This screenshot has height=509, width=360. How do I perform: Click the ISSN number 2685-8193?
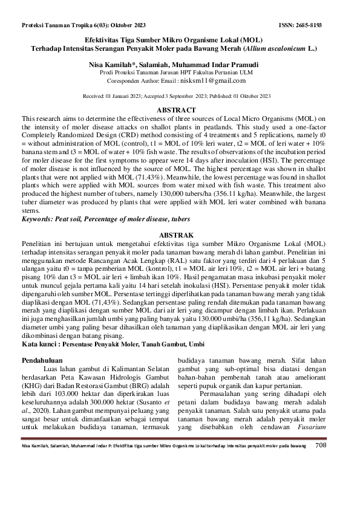325,25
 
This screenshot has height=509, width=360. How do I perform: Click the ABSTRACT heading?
180,110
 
